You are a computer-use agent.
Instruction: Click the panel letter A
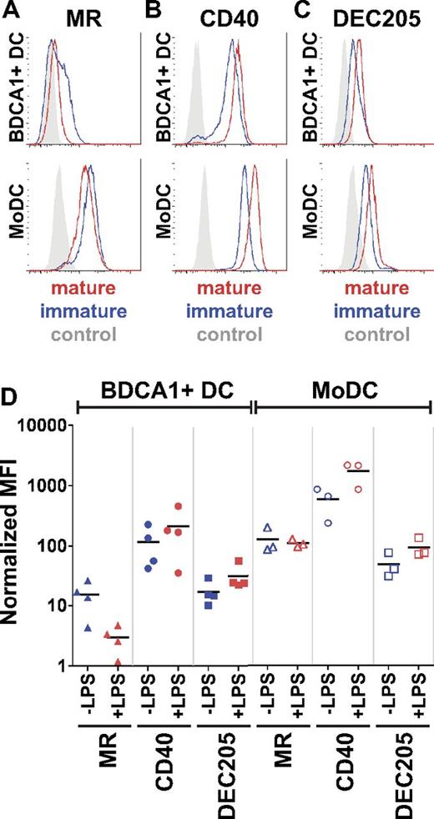click(9, 12)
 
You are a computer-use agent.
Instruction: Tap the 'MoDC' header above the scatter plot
click(342, 388)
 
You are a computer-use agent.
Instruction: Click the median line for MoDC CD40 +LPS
click(358, 471)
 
